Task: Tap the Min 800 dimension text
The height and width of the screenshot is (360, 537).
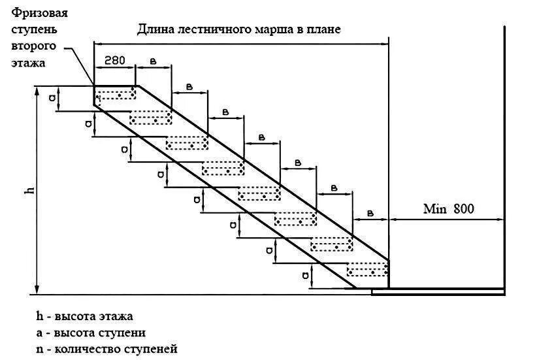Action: point(448,210)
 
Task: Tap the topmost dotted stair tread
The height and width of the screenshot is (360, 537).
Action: point(116,93)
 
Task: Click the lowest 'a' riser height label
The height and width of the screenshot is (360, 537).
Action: point(305,275)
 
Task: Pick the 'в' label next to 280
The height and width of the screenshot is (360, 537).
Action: point(153,61)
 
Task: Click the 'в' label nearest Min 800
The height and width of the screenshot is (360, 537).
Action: point(370,213)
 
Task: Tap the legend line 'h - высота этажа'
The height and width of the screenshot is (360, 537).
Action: point(85,316)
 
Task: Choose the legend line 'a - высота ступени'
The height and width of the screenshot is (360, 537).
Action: point(91,333)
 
